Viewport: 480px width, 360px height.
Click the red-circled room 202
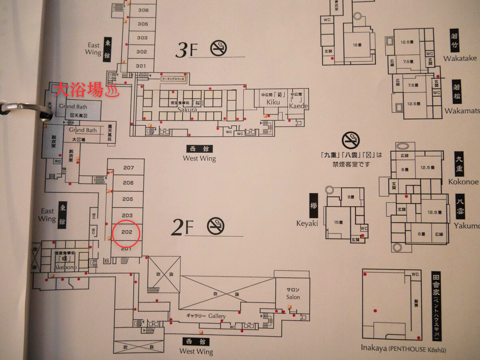coord(127,232)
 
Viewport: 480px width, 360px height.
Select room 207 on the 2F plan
coord(128,168)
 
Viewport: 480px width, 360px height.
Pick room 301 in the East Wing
coord(141,66)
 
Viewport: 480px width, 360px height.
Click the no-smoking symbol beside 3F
coord(219,48)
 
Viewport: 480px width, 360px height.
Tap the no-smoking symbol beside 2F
coord(216,226)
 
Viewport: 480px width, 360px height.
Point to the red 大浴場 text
coord(84,90)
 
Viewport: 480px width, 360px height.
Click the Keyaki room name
coord(307,223)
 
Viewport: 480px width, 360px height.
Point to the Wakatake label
coord(460,58)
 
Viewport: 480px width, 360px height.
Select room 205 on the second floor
coord(127,199)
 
